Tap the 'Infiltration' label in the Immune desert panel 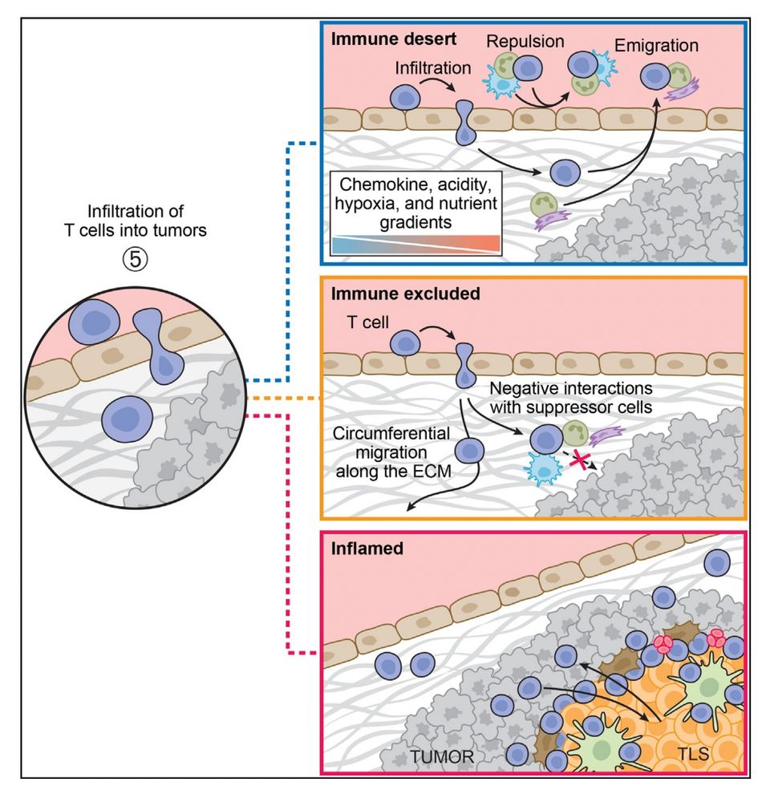tap(432, 68)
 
